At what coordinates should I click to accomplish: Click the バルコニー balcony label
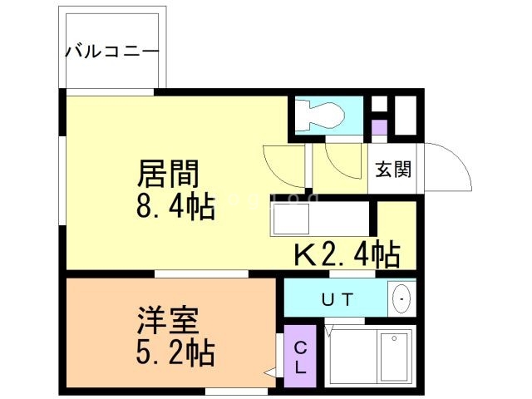coord(112,52)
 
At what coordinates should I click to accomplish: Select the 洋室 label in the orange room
coord(169,321)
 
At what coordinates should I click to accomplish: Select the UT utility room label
coord(337,298)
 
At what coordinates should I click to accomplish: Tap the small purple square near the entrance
coord(379,128)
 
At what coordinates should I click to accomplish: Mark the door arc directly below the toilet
coord(341,158)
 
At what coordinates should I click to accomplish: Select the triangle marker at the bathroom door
coord(331,331)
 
